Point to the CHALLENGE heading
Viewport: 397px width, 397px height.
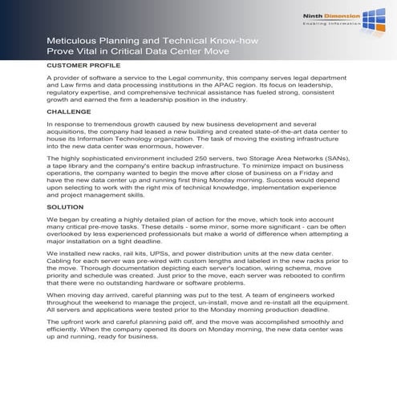[69, 113]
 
